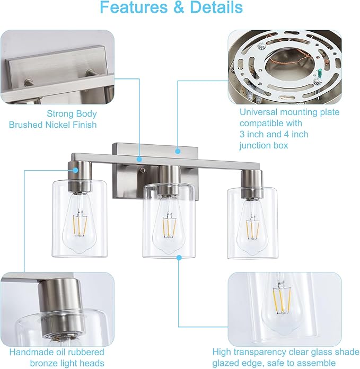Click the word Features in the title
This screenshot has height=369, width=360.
tap(133, 8)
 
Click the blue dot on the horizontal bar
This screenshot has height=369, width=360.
tap(139, 159)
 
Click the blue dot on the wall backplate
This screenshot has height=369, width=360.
tap(178, 151)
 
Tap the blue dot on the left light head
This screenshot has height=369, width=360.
tap(76, 170)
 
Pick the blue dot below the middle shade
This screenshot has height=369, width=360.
tap(179, 257)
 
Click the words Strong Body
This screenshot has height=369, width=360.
tap(72, 113)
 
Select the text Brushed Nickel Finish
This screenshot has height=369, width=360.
tap(53, 125)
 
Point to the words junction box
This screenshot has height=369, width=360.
tap(264, 145)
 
